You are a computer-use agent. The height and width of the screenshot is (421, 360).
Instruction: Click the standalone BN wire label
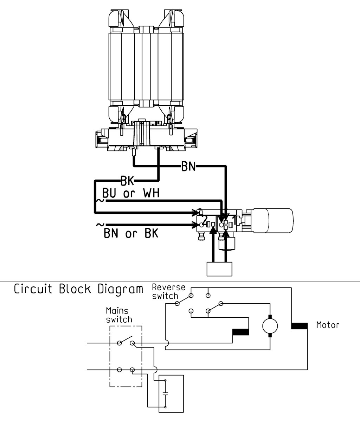[x=188, y=167]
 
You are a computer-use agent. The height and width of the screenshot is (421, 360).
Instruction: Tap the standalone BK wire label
[x=127, y=181]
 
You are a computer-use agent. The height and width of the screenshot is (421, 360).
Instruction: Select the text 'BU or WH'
[x=131, y=193]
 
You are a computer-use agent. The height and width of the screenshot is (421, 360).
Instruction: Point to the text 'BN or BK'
[x=131, y=233]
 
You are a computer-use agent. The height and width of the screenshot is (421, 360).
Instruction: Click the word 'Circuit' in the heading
[x=33, y=289]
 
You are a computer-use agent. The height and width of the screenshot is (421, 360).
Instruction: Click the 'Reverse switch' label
[x=169, y=292]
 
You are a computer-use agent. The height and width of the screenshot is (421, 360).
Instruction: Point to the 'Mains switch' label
[x=119, y=315]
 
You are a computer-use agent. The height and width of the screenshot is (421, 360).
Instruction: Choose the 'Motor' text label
[x=328, y=325]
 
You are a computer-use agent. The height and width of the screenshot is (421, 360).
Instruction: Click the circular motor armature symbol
[x=270, y=326]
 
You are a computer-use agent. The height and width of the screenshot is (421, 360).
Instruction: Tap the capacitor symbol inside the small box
[x=166, y=394]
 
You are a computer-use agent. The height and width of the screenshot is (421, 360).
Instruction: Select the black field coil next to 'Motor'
[x=299, y=326]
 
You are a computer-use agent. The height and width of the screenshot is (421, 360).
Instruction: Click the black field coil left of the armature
[x=240, y=332]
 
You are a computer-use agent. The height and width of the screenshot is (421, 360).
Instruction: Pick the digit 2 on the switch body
[x=205, y=220]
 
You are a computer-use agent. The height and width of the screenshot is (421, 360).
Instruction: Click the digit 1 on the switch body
[x=234, y=220]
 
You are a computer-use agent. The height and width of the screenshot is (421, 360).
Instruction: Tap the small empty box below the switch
[x=219, y=269]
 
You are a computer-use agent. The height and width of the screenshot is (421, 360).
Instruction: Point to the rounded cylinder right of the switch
[x=272, y=220]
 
